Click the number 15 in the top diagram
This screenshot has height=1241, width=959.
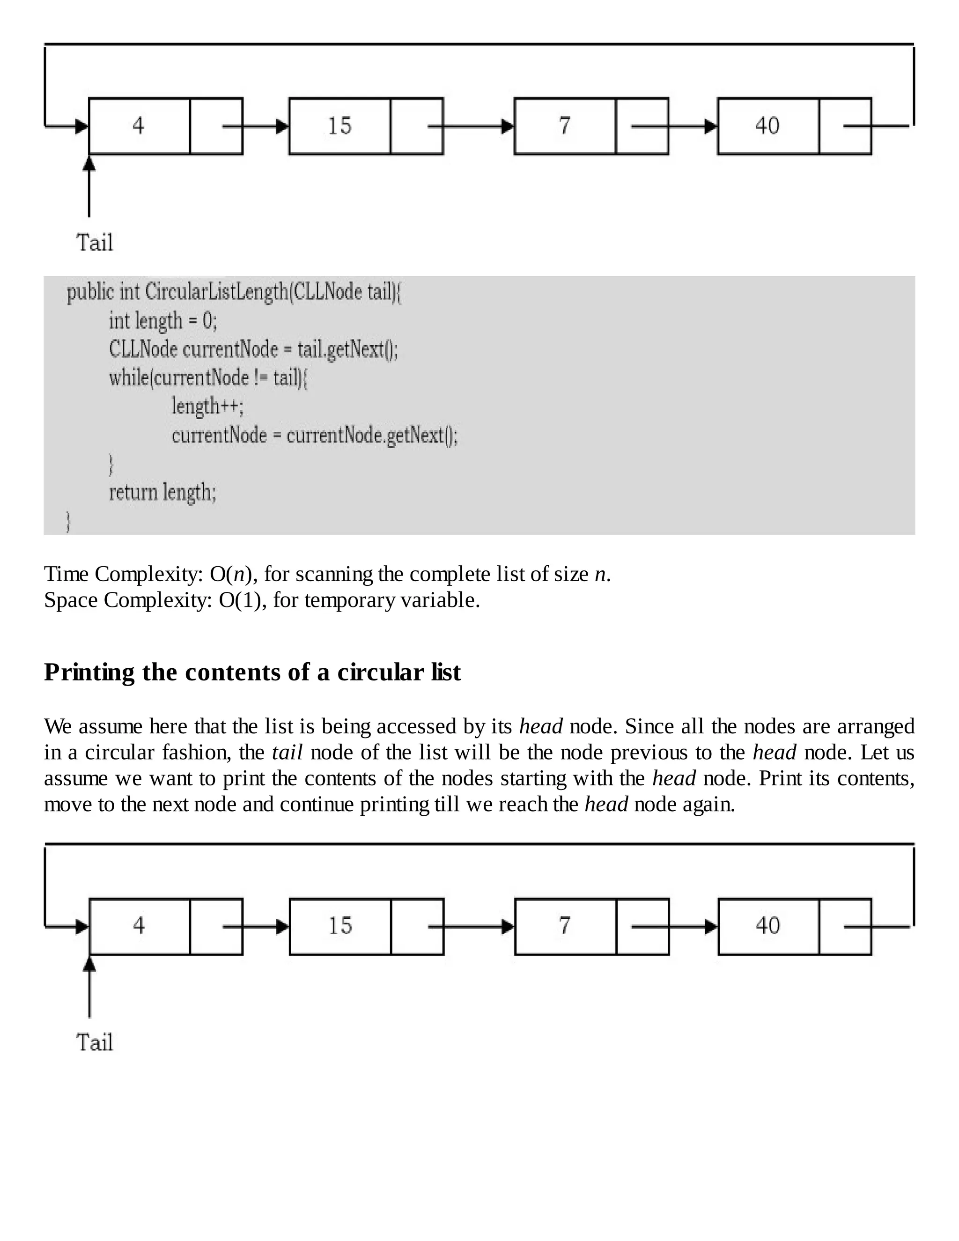tap(340, 126)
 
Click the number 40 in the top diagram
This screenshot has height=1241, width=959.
tap(767, 126)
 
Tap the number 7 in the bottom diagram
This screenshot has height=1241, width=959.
tap(564, 926)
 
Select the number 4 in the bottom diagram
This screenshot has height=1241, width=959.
tap(139, 926)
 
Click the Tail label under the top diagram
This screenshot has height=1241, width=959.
tap(95, 243)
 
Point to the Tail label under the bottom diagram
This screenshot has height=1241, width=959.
tap(95, 1043)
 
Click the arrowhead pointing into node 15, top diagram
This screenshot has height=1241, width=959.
tap(282, 126)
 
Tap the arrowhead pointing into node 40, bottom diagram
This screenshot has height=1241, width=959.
tap(711, 927)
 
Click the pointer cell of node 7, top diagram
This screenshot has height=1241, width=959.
tap(642, 126)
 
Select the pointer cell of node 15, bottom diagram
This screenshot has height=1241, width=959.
tap(418, 927)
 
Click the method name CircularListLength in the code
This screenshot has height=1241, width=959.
tap(217, 292)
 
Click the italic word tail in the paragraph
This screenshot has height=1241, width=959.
tap(288, 753)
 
